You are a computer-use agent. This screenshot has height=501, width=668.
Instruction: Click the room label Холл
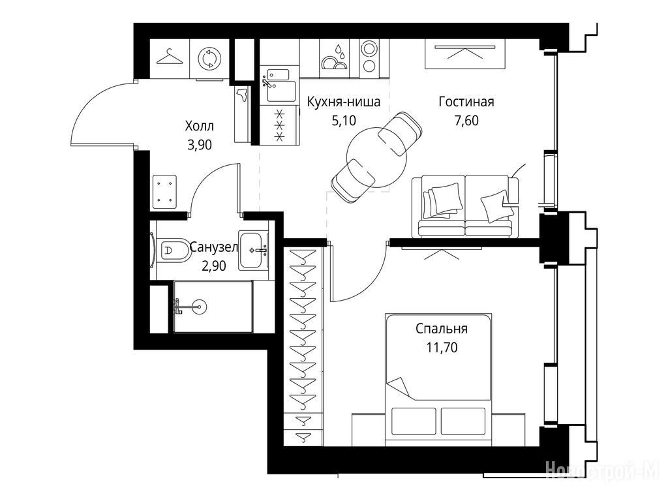coord(200,126)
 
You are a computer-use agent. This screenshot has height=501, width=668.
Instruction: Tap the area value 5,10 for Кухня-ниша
coord(343,121)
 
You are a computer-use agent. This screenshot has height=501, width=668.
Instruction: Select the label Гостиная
coord(466,102)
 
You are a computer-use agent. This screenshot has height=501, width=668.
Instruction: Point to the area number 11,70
coord(442,348)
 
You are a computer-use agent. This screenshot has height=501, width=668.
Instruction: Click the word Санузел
coord(213,247)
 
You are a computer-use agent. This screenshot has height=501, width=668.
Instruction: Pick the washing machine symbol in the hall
coord(209,59)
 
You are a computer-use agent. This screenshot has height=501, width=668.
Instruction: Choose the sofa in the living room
coord(465,205)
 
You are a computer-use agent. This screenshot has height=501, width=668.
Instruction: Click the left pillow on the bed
coord(414,421)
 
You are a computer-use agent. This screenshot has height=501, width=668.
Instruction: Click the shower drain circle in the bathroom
coord(199,306)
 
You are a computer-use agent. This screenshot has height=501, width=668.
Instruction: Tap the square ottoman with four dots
coord(164,191)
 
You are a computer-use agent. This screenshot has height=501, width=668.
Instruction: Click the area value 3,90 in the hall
coord(200,145)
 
